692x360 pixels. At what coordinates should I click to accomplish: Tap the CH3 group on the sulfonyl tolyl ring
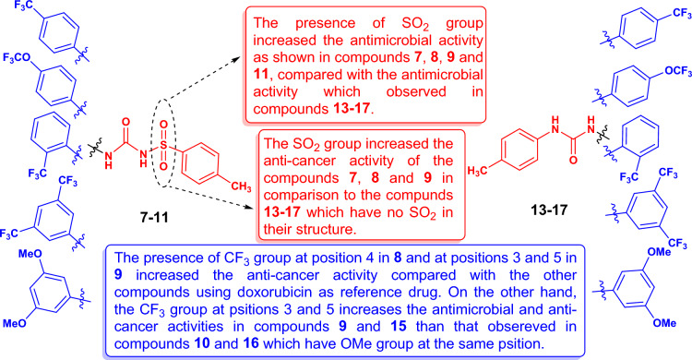click(x=239, y=187)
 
